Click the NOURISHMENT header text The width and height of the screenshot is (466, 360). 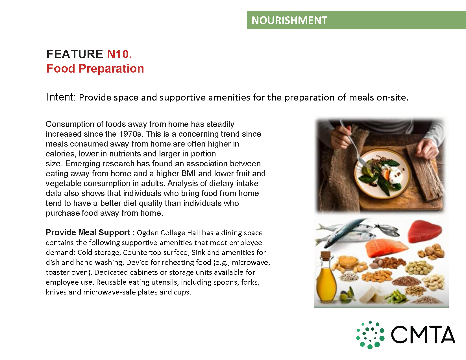click(x=289, y=20)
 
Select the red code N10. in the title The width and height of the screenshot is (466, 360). click(x=119, y=54)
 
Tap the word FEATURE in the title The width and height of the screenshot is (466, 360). click(x=75, y=54)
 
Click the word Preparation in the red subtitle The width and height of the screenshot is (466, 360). click(x=111, y=69)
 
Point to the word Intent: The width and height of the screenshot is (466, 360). click(x=61, y=97)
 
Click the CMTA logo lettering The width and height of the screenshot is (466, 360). click(x=423, y=335)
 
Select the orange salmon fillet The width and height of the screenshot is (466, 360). click(x=386, y=247)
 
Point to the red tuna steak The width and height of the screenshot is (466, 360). click(x=424, y=231)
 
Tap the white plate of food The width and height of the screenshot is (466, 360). click(x=382, y=173)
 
